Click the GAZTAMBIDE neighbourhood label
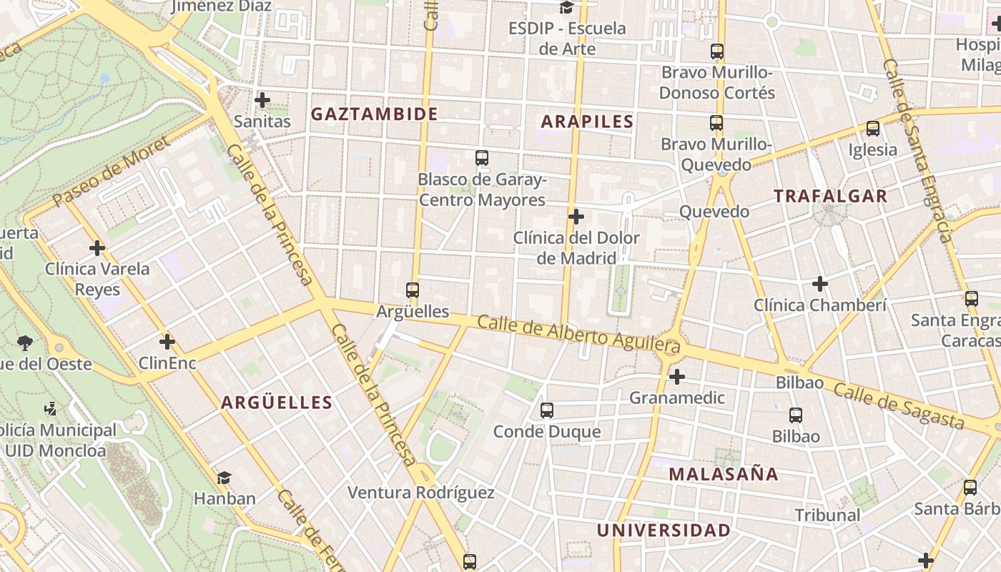(374, 114)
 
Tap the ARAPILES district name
(587, 122)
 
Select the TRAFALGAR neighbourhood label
(830, 196)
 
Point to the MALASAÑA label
(724, 473)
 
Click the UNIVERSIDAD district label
(664, 531)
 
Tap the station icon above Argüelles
(413, 290)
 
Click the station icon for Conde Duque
(547, 410)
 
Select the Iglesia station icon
(873, 129)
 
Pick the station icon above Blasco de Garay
(482, 158)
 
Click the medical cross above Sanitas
(262, 100)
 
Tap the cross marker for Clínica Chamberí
(820, 285)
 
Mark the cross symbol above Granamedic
(677, 376)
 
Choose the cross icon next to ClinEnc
(167, 342)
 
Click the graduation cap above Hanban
(225, 478)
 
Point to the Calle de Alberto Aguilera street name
(578, 335)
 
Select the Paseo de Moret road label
(112, 172)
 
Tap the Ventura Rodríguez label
(420, 493)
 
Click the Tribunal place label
(827, 515)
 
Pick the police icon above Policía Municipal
(50, 410)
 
